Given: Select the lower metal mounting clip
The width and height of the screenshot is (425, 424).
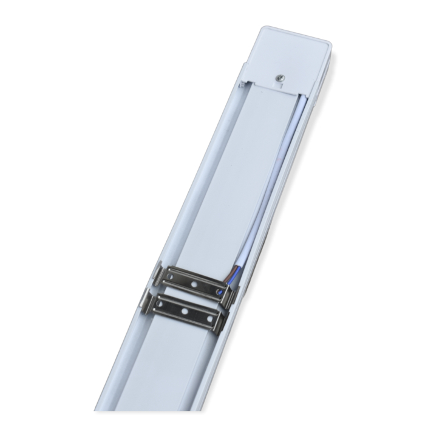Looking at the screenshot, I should [186, 311].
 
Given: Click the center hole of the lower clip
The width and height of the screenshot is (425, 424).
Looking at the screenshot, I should [186, 312].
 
